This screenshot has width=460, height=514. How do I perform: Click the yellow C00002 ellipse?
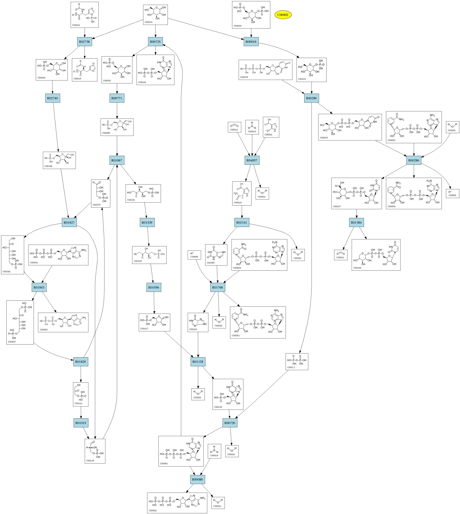[x=283, y=15]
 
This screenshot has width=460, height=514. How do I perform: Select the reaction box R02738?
[x=84, y=42]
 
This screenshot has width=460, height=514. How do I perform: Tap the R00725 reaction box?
[x=155, y=42]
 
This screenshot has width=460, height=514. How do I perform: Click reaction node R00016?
[x=251, y=42]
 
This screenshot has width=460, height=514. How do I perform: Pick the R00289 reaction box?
[x=311, y=98]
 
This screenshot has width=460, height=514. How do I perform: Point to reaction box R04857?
[x=252, y=160]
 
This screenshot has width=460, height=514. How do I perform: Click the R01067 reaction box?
[x=117, y=160]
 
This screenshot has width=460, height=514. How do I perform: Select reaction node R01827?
[x=69, y=223]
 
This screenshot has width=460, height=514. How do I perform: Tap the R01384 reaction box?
[x=356, y=223]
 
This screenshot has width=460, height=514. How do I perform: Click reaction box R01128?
[x=198, y=362]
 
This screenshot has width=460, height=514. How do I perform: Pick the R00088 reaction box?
[x=197, y=479]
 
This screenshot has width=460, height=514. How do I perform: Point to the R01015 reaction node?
[x=81, y=423]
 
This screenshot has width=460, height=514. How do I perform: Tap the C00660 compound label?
[x=237, y=26]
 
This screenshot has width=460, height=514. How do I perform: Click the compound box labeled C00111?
[x=81, y=394]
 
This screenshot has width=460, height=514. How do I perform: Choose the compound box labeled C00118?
[x=95, y=451]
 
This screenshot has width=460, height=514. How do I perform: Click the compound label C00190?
[x=357, y=268]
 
